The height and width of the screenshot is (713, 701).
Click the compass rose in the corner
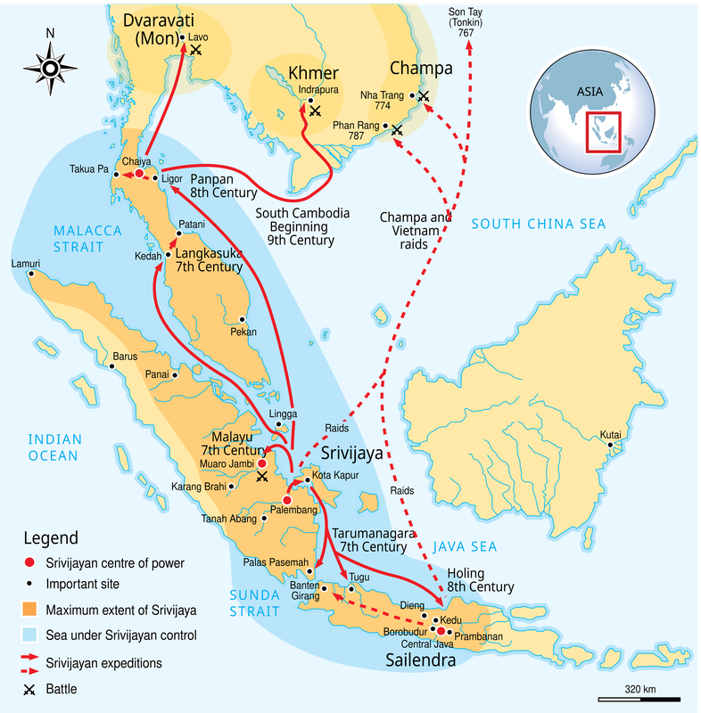pos(50,67)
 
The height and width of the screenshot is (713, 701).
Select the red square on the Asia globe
pos(602,131)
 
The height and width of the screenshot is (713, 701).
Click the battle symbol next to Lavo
pos(196,51)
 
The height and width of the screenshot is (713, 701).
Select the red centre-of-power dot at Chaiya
pos(138,175)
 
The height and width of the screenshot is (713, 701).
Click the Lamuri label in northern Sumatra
pos(27,264)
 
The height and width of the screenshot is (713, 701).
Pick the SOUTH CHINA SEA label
pos(538,224)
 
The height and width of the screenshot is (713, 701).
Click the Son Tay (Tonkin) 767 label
pos(466,21)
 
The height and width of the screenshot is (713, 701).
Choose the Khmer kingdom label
pos(313,72)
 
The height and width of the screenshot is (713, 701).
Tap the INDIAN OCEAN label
pos(54,447)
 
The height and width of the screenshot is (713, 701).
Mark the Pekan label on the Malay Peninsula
pos(243,332)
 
